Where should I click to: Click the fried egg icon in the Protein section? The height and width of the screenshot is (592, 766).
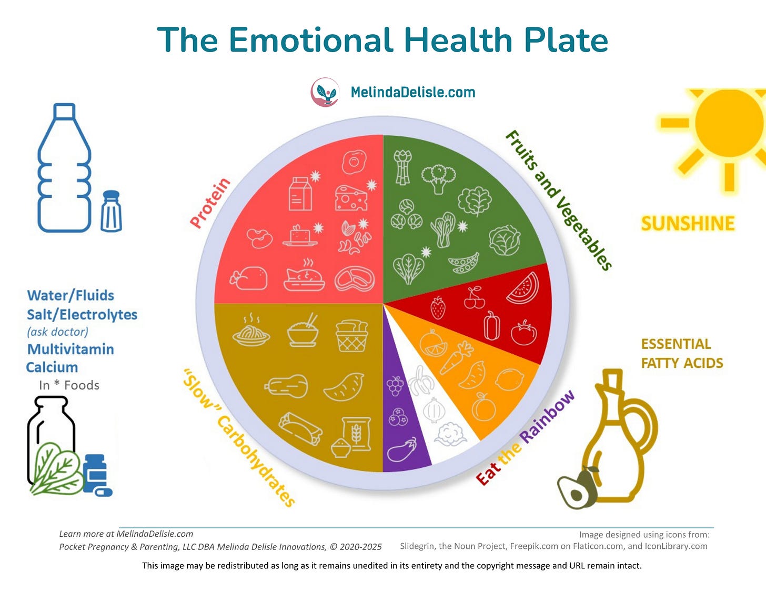(354, 162)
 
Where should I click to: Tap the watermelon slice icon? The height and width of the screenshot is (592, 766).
(523, 288)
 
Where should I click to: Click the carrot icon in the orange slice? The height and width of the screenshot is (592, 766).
(456, 357)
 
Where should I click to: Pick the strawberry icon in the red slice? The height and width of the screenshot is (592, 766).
(438, 307)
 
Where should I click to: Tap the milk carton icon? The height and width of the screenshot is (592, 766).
(300, 193)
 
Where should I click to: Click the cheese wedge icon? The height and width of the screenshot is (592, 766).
(351, 198)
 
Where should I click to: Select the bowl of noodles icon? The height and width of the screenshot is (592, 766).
(251, 331)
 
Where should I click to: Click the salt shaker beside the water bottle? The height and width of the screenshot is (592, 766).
(111, 211)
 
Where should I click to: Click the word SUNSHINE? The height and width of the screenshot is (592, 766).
(688, 224)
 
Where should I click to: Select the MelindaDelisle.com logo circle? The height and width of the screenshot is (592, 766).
(325, 93)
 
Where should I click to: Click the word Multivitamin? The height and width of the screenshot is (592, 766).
(70, 349)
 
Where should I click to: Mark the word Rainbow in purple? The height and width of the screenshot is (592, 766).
(547, 417)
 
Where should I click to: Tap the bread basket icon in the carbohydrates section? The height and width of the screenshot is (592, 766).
(351, 335)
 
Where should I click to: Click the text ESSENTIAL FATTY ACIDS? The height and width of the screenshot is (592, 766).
(682, 353)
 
